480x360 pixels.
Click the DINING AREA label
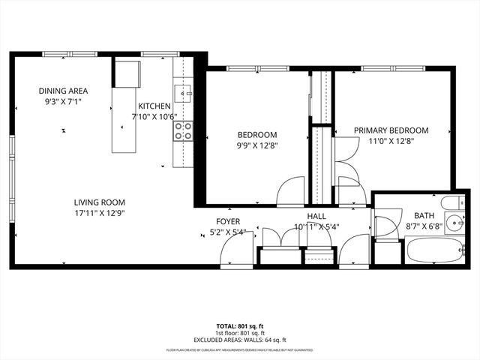(63, 91)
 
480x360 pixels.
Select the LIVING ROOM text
(99, 202)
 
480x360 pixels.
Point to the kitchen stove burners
(183, 132)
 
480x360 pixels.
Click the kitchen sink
(183, 94)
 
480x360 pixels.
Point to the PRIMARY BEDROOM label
(391, 130)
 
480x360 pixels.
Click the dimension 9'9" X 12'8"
(257, 145)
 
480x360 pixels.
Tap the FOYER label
(228, 221)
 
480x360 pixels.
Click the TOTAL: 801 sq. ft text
(239, 325)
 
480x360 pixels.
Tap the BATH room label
(415, 215)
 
